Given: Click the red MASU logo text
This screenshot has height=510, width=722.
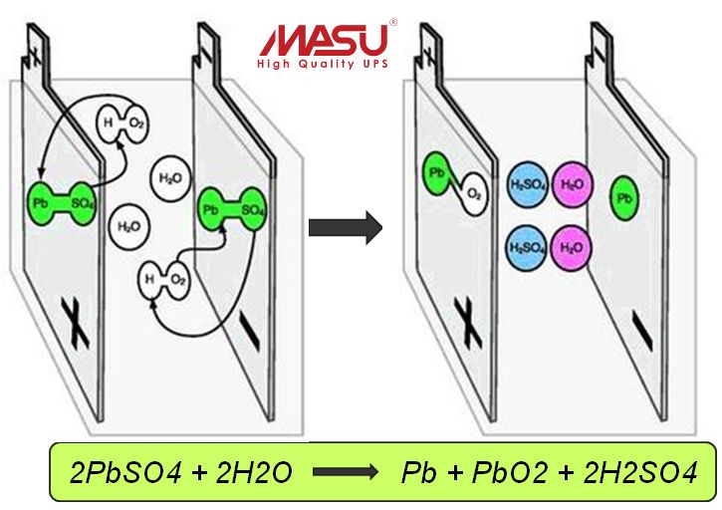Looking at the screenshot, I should click(x=325, y=40).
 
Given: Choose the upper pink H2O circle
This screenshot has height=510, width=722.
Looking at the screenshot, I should click(x=573, y=184).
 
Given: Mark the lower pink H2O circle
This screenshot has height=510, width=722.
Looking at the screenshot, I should click(x=573, y=245).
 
